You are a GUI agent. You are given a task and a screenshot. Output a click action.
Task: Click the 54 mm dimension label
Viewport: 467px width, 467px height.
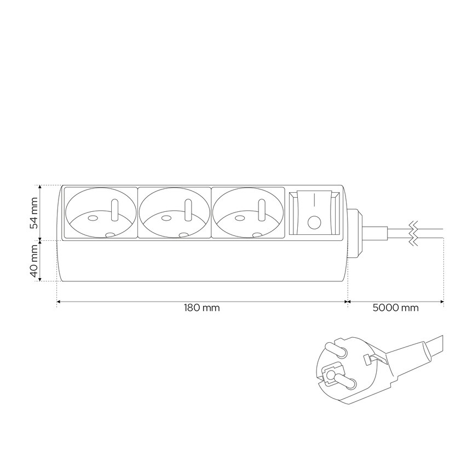[35, 212]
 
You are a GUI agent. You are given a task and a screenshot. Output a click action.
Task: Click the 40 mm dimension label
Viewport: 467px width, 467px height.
[35, 261]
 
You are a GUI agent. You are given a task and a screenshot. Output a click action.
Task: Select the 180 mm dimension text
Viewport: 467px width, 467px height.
[201, 307]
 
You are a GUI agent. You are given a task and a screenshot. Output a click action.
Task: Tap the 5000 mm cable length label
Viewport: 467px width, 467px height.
[395, 307]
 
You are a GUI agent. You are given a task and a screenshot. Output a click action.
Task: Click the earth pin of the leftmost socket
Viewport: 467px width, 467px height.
[114, 210]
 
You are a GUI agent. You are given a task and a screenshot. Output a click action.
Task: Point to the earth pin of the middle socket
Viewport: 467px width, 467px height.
[188, 210]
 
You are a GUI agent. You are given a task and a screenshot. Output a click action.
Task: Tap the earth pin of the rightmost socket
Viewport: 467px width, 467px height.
[262, 210]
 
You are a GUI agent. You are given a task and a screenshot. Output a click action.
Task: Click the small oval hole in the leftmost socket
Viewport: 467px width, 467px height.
[93, 218]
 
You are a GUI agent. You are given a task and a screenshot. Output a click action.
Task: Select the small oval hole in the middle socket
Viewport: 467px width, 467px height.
[166, 218]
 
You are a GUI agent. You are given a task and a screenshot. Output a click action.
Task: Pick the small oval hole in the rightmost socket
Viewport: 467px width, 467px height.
[240, 218]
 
